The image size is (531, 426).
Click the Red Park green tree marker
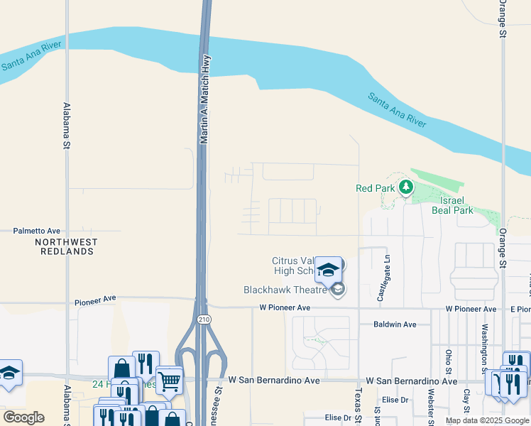click(405, 187)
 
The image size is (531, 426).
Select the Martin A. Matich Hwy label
click(204, 100)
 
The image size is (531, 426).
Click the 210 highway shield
click(204, 319)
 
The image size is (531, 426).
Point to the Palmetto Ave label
click(38, 231)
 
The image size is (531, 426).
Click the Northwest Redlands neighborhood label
click(66, 246)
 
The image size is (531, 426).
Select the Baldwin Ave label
click(395, 324)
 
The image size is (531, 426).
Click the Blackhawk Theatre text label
click(285, 290)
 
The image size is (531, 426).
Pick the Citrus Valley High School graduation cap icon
click(328, 270)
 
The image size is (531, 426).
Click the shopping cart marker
click(169, 381)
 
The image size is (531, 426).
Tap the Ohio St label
click(449, 361)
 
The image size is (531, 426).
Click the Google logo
click(23, 417)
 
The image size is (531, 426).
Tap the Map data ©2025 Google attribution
click(486, 420)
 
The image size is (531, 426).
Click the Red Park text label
click(375, 188)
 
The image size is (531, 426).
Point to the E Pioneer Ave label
click(520, 309)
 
